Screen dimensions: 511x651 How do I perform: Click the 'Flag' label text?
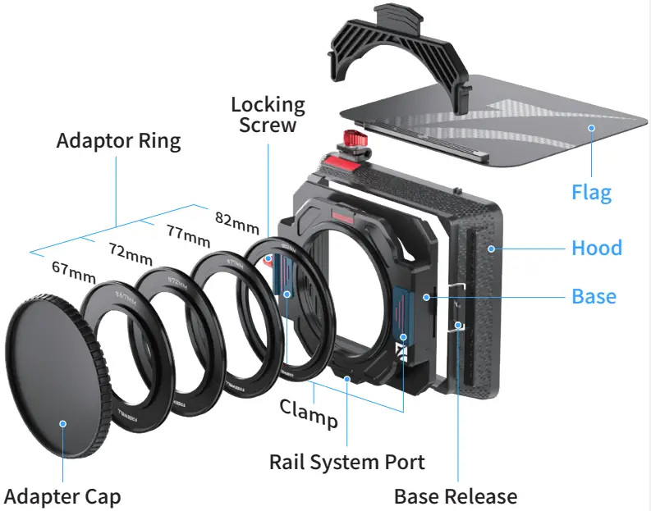(591, 193)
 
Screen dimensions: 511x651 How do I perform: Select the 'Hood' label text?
(597, 247)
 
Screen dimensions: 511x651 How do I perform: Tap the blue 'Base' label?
(594, 295)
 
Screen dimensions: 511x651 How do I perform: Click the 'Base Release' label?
(456, 496)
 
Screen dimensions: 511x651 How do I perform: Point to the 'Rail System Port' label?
(347, 462)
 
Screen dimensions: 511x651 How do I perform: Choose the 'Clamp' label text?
(309, 413)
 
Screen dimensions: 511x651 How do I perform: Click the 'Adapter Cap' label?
(62, 496)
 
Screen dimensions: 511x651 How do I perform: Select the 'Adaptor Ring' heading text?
(118, 140)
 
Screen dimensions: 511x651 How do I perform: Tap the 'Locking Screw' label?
(268, 115)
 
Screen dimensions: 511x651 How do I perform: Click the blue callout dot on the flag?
(589, 127)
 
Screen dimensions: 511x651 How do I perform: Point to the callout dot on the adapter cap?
(62, 423)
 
